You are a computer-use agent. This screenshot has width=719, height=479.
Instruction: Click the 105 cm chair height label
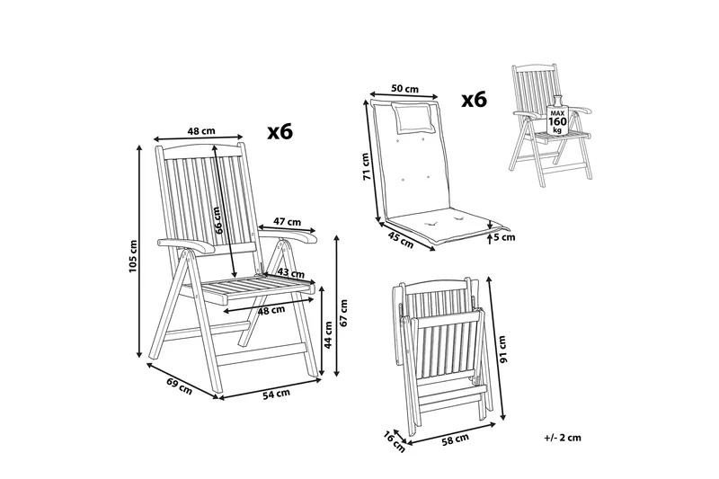click(x=133, y=256)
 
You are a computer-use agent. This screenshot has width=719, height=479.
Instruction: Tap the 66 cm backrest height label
click(x=218, y=220)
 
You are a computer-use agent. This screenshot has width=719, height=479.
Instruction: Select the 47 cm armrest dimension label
click(x=287, y=222)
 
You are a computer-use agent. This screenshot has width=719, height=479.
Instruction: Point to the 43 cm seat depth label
click(x=290, y=273)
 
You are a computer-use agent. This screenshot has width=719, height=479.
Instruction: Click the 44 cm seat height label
click(x=328, y=334)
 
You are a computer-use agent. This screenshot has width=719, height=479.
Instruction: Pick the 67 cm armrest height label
click(x=344, y=313)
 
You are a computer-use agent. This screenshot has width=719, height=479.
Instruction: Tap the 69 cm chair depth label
click(x=179, y=386)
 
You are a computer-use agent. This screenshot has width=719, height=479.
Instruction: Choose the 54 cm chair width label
click(x=276, y=394)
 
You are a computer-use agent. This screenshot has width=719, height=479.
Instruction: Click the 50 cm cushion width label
click(x=405, y=88)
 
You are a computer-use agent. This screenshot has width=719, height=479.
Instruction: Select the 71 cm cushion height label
click(x=366, y=166)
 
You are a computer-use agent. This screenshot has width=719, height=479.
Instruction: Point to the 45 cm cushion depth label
click(x=401, y=240)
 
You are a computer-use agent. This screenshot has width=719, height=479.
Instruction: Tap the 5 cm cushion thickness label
click(x=504, y=237)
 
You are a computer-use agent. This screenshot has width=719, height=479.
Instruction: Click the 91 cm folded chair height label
click(x=502, y=350)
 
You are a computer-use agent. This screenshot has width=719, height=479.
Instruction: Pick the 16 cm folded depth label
click(x=394, y=442)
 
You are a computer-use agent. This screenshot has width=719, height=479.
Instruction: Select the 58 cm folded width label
click(x=456, y=439)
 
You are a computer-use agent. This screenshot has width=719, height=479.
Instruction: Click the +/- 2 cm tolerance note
click(x=563, y=438)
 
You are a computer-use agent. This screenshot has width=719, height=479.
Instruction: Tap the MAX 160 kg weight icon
click(x=557, y=116)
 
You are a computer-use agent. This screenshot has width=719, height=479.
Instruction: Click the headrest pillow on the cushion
click(x=413, y=118)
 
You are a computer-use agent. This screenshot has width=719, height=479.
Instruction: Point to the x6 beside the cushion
click(x=475, y=100)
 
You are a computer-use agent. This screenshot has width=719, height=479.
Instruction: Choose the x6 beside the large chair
click(x=280, y=132)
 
